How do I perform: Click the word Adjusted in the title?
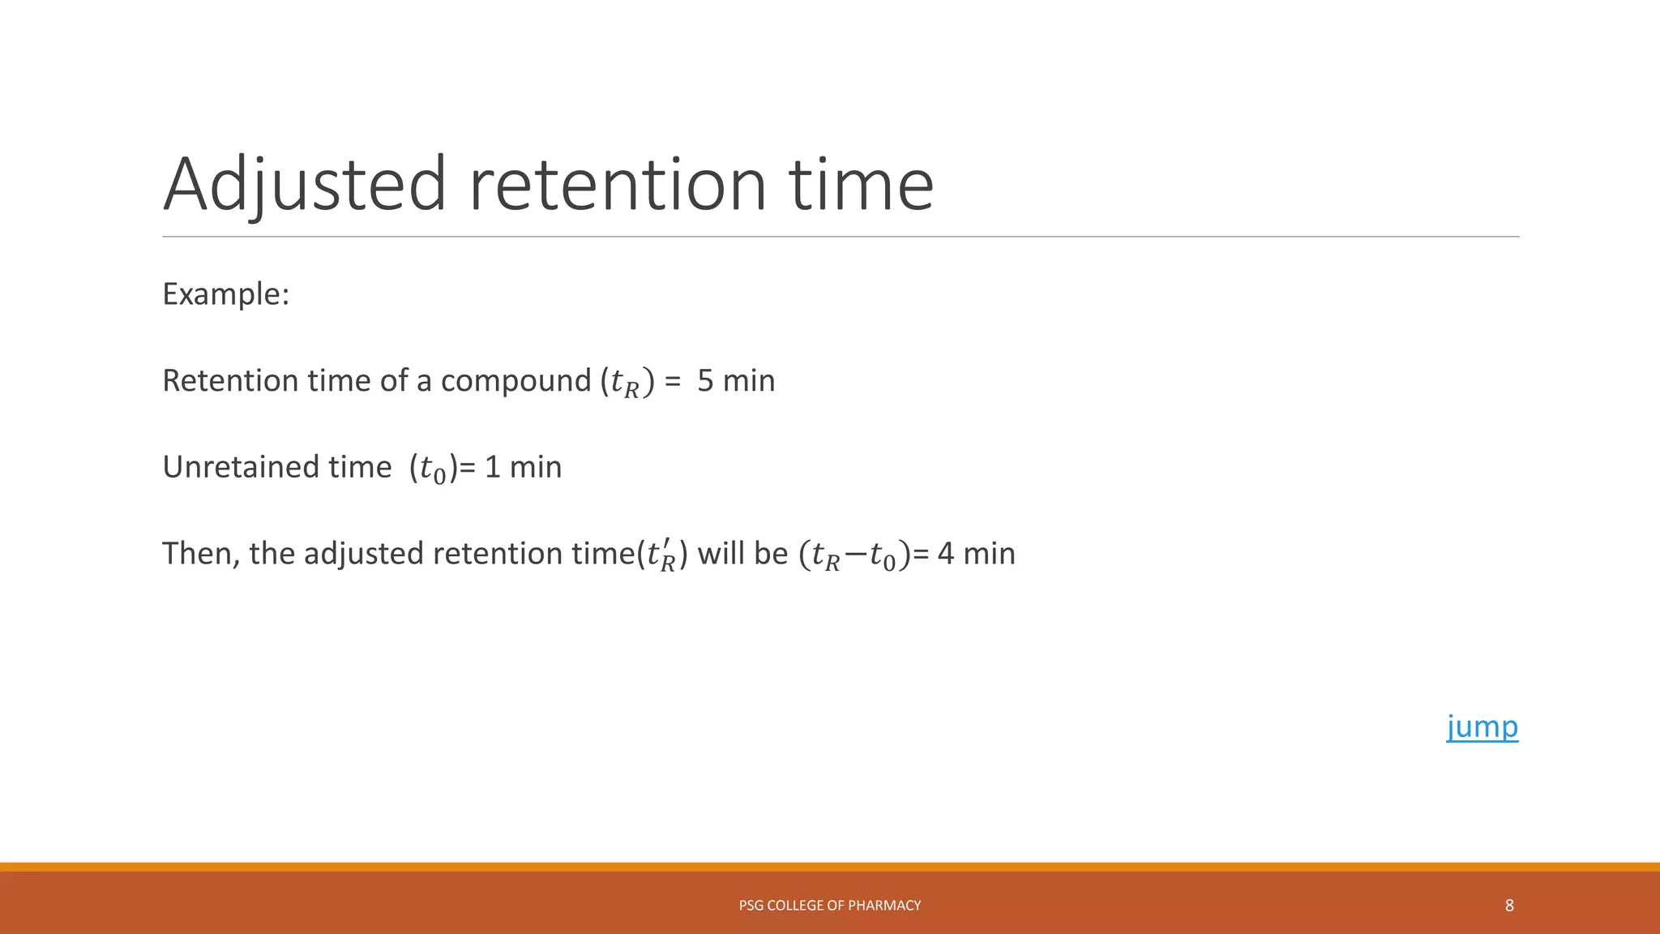pos(305,185)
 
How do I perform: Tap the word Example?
pos(225,293)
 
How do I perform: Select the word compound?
pos(516,381)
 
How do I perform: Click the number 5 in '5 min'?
pos(705,381)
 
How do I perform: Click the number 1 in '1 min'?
pos(492,468)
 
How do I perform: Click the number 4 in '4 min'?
pos(945,554)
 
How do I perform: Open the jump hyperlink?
pos(1482,726)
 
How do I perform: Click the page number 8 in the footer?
pos(1509,906)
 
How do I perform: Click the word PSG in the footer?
pos(751,906)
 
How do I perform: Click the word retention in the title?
pos(618,185)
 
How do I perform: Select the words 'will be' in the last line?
pos(742,554)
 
